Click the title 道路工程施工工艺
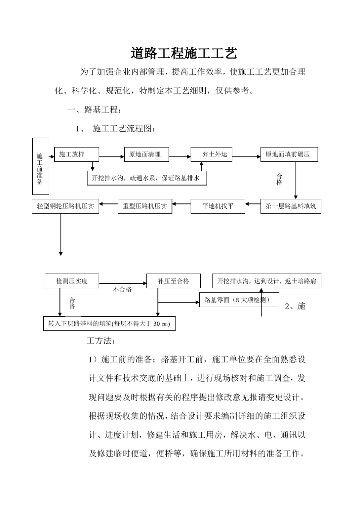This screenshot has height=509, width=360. tap(184, 53)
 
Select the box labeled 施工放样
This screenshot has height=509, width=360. tap(77, 155)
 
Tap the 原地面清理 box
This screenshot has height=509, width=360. tap(146, 155)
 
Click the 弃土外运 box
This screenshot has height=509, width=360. tap(211, 155)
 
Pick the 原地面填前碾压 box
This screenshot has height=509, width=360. tap(289, 155)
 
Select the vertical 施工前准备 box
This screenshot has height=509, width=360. tap(41, 166)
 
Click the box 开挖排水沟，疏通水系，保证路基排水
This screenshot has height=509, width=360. tap(147, 178)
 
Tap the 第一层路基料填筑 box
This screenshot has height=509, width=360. tap(291, 206)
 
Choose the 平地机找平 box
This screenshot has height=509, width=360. tap(218, 206)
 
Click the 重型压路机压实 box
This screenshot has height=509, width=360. tap(145, 206)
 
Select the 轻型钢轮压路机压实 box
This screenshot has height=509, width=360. tap(65, 206)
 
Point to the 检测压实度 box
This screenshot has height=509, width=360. tap(72, 281)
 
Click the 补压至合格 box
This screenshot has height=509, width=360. tap(173, 281)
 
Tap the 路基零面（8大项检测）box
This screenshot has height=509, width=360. tap(239, 300)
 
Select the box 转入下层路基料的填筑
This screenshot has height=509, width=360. tap(110, 324)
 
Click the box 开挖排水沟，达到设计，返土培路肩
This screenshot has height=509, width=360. tap(266, 281)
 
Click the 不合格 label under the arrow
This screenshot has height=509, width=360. tap(122, 290)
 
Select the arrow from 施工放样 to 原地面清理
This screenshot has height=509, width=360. tap(112, 157)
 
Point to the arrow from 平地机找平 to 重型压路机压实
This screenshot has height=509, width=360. tap(181, 204)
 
